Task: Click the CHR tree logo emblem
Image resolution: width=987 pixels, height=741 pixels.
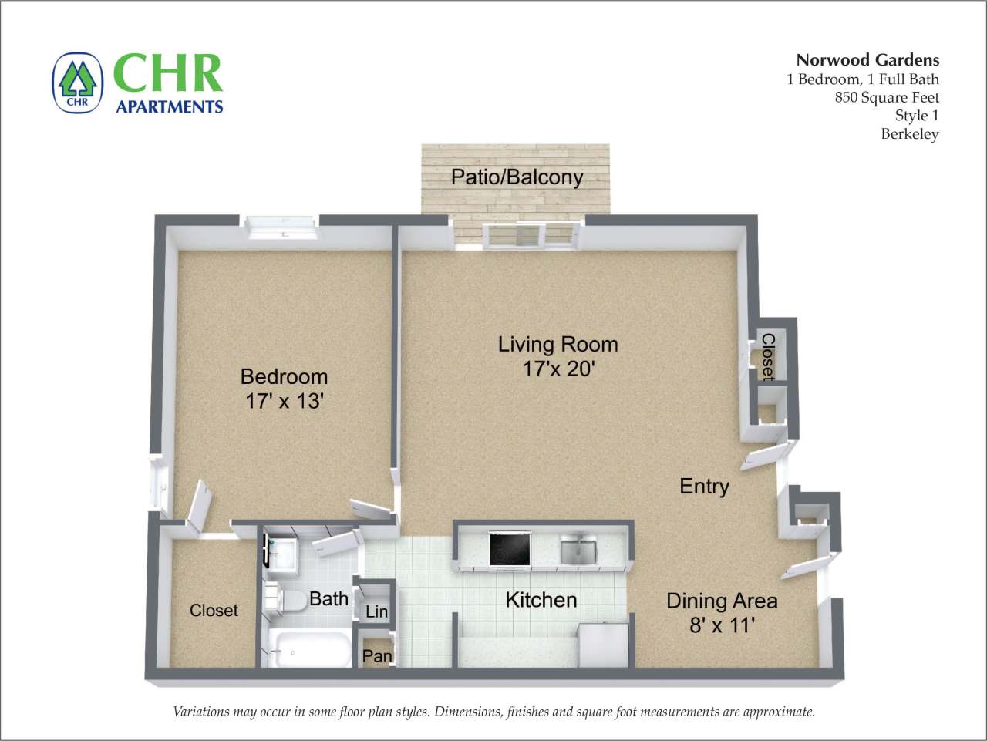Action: pos(77,82)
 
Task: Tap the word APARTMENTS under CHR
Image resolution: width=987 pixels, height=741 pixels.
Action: pos(170,106)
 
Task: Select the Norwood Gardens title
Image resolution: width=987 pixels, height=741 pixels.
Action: pos(867,59)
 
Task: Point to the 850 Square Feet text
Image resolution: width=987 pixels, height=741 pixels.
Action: pos(887,97)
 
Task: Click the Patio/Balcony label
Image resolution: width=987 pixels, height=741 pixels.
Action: pos(517,177)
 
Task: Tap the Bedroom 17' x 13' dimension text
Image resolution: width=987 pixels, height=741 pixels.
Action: pos(284,401)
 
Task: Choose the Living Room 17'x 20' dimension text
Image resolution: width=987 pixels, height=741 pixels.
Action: pos(558,369)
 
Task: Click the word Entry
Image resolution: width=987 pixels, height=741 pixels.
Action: pos(704,486)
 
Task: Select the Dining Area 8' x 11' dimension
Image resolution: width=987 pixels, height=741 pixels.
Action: pos(722,625)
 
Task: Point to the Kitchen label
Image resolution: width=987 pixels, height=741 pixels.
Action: pos(541,599)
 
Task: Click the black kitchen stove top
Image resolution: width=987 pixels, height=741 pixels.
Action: pos(510,549)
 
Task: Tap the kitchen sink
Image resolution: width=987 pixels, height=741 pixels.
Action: pos(578,551)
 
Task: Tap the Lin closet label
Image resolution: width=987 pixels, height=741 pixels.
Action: pos(376,611)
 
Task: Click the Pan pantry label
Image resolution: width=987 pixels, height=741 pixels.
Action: pos(377,655)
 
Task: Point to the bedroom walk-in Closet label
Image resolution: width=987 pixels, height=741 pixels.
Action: pos(214,610)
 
